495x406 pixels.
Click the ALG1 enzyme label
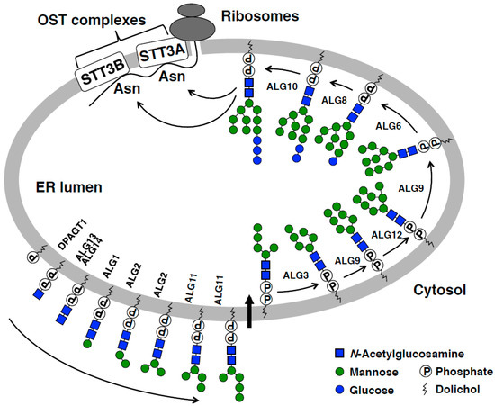coord(86,266)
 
